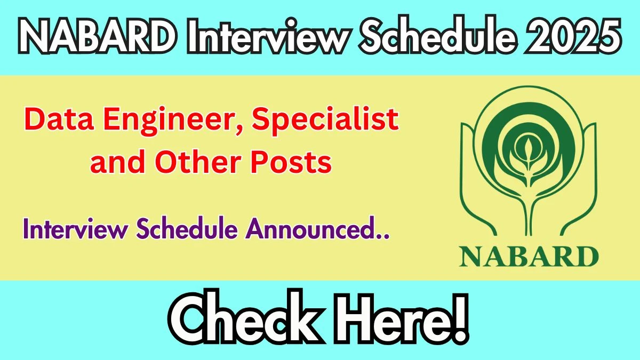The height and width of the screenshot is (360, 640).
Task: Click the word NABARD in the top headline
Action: tap(98, 36)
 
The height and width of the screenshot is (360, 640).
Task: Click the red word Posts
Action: tap(291, 162)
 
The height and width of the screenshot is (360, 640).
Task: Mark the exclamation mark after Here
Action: tap(459, 318)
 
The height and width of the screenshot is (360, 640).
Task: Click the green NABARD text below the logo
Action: tap(529, 257)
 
